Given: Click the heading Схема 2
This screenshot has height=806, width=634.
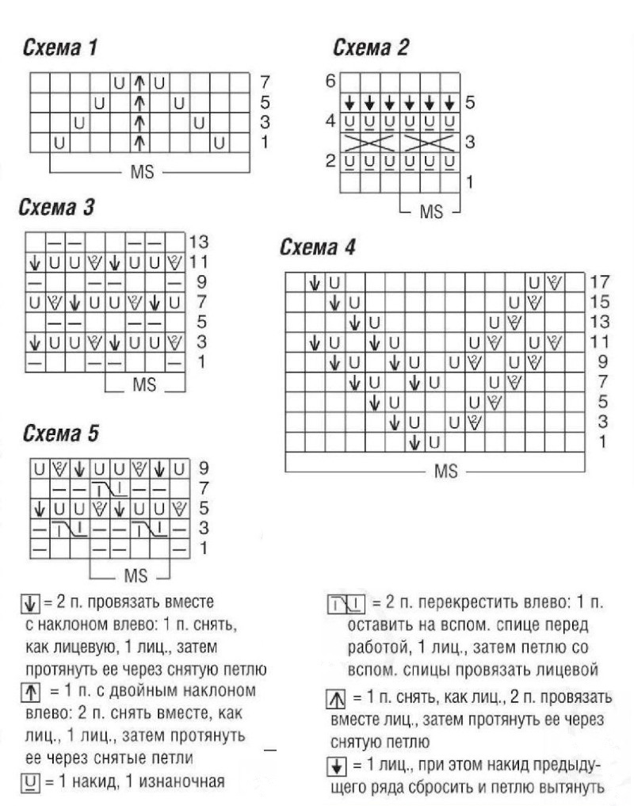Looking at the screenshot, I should [371, 49].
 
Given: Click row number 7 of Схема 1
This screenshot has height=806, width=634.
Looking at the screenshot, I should [264, 82].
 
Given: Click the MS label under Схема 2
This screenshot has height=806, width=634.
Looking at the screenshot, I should [431, 212].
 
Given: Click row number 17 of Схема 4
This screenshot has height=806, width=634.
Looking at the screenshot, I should [599, 282].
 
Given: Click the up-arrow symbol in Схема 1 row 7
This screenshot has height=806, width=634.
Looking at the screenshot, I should [140, 82].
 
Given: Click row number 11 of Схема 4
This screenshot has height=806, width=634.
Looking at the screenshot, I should [599, 343].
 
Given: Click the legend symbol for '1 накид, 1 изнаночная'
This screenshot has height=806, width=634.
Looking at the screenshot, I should [28, 784].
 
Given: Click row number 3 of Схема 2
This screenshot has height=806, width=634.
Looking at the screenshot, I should [469, 143].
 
